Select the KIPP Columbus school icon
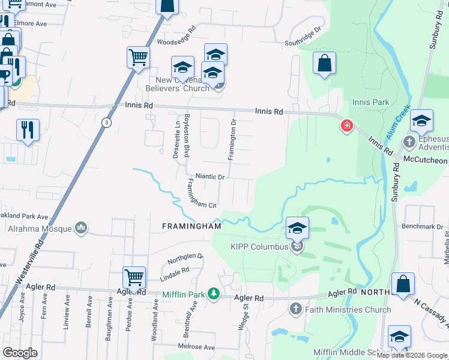(x=297, y=228)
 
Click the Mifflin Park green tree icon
(x=212, y=293)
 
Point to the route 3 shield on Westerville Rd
(x=106, y=122)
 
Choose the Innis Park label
(x=371, y=103)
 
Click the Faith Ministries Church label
(x=348, y=310)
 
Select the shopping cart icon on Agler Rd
(x=134, y=278)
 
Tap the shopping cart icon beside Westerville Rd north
(x=138, y=58)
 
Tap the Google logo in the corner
(x=20, y=353)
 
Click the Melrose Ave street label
(x=196, y=347)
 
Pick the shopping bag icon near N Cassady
(x=403, y=284)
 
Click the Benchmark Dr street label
(x=425, y=227)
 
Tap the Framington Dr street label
(x=232, y=139)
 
